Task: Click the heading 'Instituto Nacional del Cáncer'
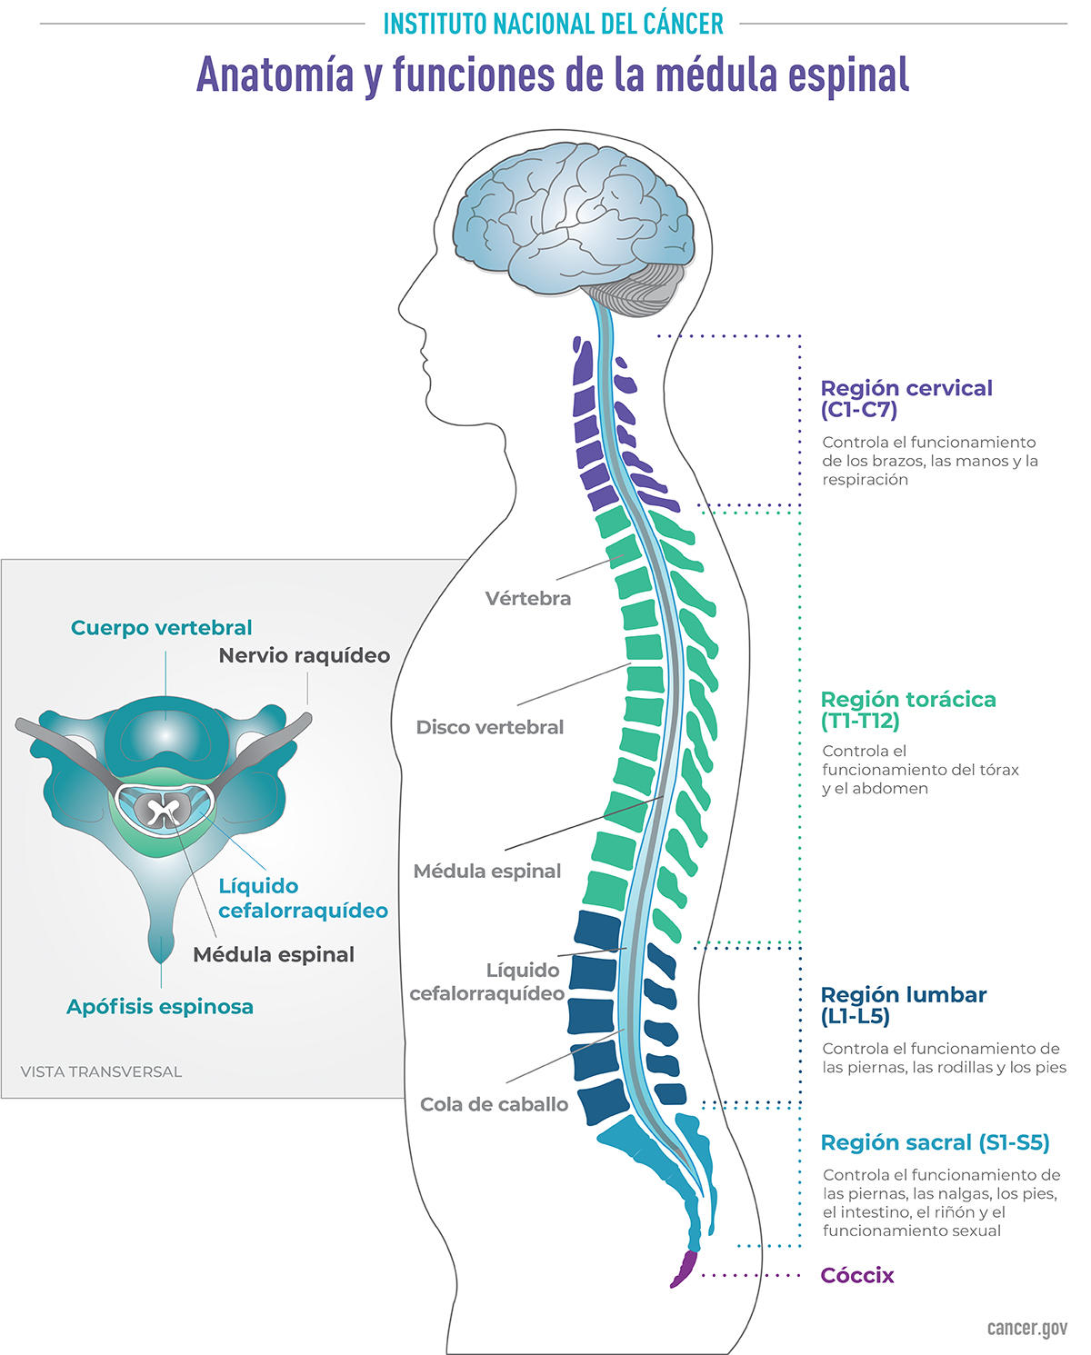click(553, 24)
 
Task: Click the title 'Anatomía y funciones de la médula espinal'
click(553, 75)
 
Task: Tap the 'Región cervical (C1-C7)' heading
click(906, 399)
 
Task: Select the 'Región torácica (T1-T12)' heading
click(907, 710)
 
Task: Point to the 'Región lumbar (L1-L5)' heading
click(903, 1005)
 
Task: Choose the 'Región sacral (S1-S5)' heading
click(935, 1142)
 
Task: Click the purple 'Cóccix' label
click(856, 1275)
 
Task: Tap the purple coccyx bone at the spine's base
click(683, 1269)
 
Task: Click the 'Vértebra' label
click(527, 598)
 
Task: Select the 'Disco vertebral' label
click(489, 727)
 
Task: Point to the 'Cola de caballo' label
click(494, 1104)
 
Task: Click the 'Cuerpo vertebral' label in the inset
click(161, 627)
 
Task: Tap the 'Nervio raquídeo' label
click(304, 655)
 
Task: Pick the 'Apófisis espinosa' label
click(159, 1006)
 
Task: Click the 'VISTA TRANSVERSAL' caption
click(101, 1071)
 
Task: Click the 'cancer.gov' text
click(1026, 1328)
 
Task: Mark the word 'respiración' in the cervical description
click(865, 480)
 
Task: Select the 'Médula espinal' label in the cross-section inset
click(273, 954)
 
